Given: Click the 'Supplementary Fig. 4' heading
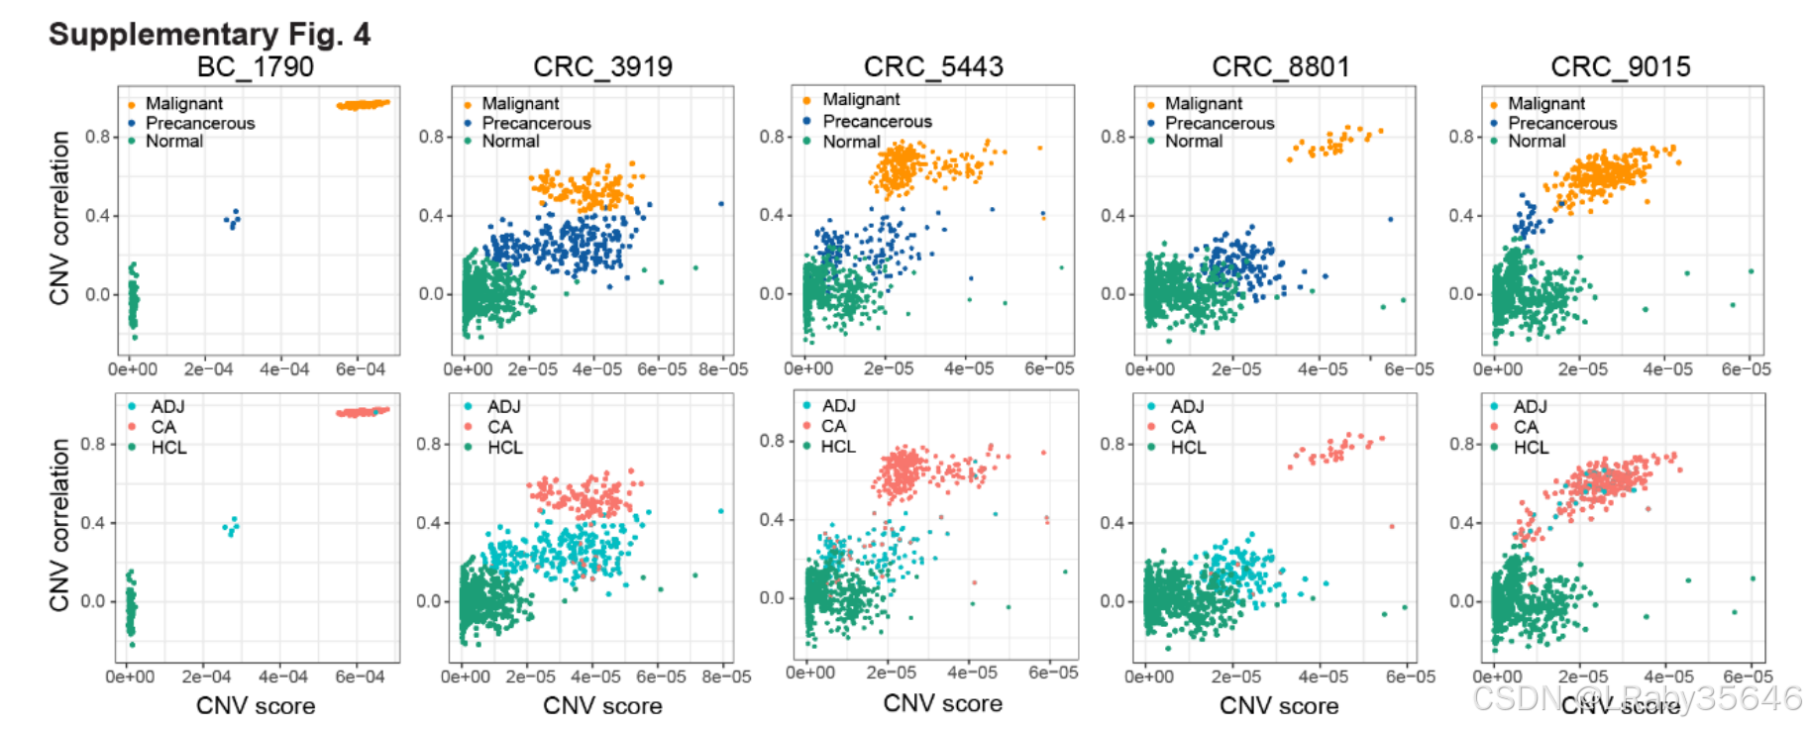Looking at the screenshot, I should pyautogui.click(x=209, y=35).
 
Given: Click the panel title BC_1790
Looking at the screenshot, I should pyautogui.click(x=255, y=67).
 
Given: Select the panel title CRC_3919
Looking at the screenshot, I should pyautogui.click(x=602, y=67).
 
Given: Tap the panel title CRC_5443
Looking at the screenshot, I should pyautogui.click(x=933, y=67).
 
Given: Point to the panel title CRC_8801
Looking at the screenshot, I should pyautogui.click(x=1281, y=67).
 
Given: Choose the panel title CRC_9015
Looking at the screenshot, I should pyautogui.click(x=1620, y=67).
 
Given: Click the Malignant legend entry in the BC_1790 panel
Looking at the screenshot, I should pyautogui.click(x=183, y=104).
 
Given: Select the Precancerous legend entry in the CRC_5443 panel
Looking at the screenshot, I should pyautogui.click(x=877, y=121).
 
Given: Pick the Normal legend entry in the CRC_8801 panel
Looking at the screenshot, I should pyautogui.click(x=1193, y=142).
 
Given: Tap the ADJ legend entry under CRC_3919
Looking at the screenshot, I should pyautogui.click(x=503, y=407).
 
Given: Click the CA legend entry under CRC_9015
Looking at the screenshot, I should pyautogui.click(x=1526, y=427).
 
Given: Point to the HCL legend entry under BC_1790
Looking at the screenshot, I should pyautogui.click(x=168, y=448).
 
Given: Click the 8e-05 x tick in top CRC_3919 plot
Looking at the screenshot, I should pyautogui.click(x=723, y=369).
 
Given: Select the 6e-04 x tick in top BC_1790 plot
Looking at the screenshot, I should pyautogui.click(x=360, y=369).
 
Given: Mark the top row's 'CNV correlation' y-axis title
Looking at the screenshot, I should pyautogui.click(x=59, y=218).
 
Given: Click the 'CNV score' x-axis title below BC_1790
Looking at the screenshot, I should pyautogui.click(x=256, y=706).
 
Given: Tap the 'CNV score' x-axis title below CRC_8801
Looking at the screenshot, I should pyautogui.click(x=1279, y=706).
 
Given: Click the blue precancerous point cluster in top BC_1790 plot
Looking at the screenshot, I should pyautogui.click(x=233, y=219).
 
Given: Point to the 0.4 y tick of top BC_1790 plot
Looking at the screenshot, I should pyautogui.click(x=98, y=216).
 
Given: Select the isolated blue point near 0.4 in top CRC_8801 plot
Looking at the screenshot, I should pyautogui.click(x=1390, y=219).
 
